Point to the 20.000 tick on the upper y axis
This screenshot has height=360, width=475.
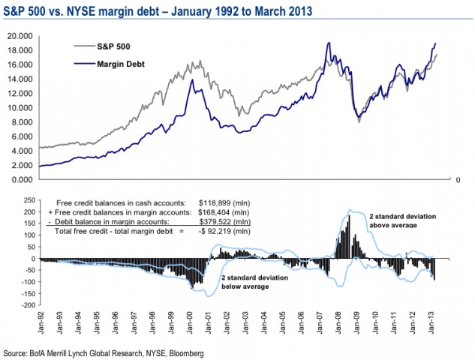20,36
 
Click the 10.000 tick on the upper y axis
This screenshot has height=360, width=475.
20,108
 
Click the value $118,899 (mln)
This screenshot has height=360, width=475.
225,203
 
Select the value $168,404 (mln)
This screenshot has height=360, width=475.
225,212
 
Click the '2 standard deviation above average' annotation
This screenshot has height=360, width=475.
406,219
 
